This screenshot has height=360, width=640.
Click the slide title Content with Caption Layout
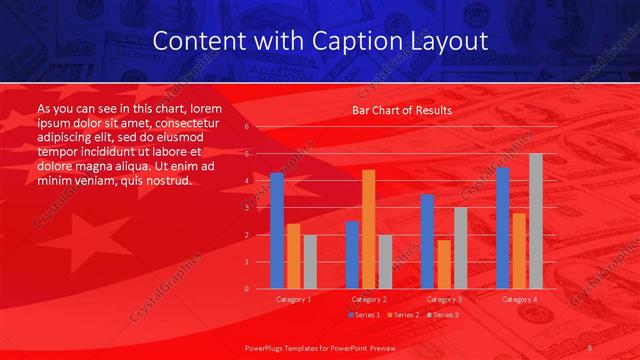click(x=320, y=41)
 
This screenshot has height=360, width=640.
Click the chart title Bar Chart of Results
click(x=401, y=110)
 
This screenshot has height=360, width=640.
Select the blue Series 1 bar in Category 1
click(x=277, y=230)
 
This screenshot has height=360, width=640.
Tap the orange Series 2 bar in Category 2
click(x=368, y=229)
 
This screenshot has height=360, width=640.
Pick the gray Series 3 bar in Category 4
click(x=535, y=221)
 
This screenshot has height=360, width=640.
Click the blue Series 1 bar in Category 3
click(x=427, y=241)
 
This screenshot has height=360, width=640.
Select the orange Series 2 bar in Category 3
click(x=443, y=264)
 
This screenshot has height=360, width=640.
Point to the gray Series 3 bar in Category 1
click(x=309, y=261)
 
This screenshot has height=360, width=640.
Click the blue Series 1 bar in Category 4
click(x=502, y=228)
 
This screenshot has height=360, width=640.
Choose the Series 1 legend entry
click(x=365, y=315)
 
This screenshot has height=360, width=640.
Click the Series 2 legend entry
click(x=402, y=315)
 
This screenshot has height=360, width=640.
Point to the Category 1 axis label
click(x=293, y=299)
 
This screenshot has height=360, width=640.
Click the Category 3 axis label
click(x=443, y=299)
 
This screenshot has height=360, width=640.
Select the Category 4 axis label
click(x=518, y=299)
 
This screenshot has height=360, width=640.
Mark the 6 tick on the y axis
click(x=246, y=127)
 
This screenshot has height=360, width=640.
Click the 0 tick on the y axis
click(x=246, y=288)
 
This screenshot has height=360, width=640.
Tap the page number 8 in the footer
click(x=590, y=346)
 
